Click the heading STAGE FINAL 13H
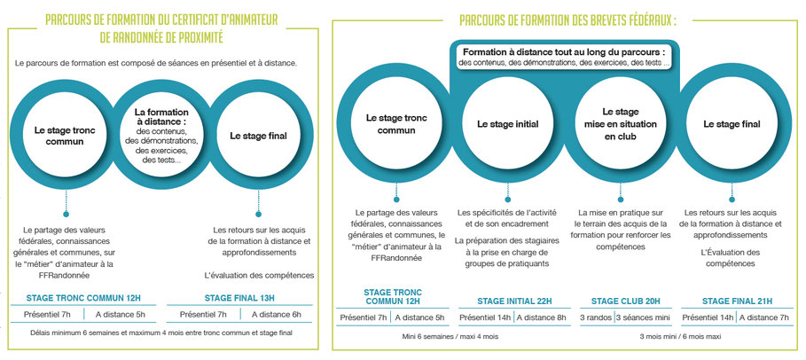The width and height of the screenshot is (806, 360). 240,298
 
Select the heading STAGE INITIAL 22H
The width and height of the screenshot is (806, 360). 514,301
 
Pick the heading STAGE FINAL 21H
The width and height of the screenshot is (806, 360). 739,301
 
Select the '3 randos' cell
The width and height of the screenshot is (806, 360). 597,317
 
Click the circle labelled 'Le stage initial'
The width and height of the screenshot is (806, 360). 506,125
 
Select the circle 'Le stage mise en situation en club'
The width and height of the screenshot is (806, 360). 620,125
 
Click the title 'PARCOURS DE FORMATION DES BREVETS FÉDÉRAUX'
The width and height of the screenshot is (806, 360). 568,20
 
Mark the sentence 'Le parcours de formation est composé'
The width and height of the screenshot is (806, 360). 168,63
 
